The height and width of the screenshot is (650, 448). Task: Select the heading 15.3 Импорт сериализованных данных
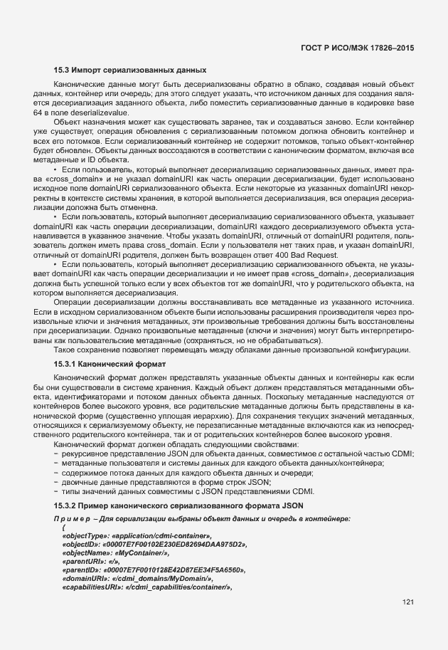(130, 70)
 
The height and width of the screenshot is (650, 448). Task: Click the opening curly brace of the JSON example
(64, 527)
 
